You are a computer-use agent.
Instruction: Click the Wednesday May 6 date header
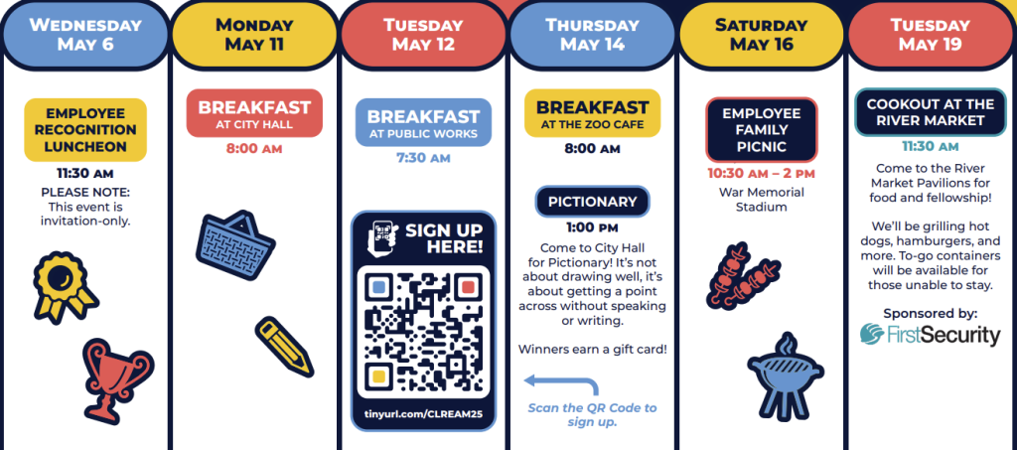click(85, 35)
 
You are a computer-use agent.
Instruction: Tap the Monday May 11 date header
click(254, 35)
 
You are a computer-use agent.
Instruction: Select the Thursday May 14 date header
click(593, 35)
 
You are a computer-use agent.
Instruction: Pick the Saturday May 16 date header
click(762, 35)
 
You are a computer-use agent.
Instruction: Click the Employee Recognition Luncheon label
click(85, 130)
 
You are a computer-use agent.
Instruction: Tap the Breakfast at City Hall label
click(254, 113)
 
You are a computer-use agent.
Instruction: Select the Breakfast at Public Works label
click(423, 122)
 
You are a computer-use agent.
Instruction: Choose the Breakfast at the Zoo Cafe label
click(592, 113)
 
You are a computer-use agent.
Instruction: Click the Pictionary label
click(592, 202)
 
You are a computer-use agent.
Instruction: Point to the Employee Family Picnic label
click(762, 130)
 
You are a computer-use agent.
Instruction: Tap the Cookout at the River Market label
click(930, 112)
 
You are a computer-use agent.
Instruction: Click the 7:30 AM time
click(423, 158)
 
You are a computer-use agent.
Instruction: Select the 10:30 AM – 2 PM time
click(762, 174)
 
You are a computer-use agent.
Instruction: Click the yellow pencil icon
click(284, 347)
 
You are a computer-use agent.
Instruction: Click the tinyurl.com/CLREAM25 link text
click(423, 414)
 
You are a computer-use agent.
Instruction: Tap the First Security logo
click(930, 335)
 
